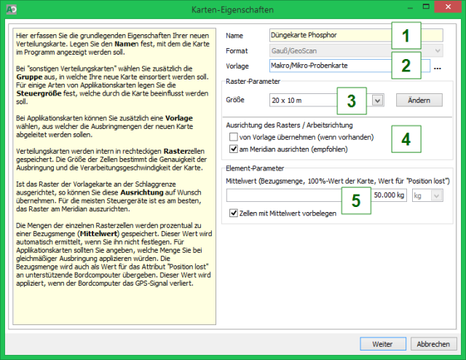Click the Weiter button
coord(383,344)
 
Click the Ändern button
coord(419,101)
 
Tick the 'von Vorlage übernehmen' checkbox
coord(234,137)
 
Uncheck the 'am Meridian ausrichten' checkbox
coord(234,149)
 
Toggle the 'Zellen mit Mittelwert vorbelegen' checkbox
coord(234,213)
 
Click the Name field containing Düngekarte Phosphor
coord(330,35)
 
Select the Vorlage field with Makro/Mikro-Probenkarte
coord(330,66)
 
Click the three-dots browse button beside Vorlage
coord(437,68)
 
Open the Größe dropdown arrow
coord(377,101)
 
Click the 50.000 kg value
coord(389,195)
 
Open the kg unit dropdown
coord(427,195)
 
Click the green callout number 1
coord(406,36)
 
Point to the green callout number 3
coord(352,101)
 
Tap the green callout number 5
coord(356,200)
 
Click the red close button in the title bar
coord(448,7)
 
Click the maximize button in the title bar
coord(426,7)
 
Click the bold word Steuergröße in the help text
coord(39,93)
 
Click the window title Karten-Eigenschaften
coord(232,9)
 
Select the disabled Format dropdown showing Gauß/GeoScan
coord(356,50)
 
